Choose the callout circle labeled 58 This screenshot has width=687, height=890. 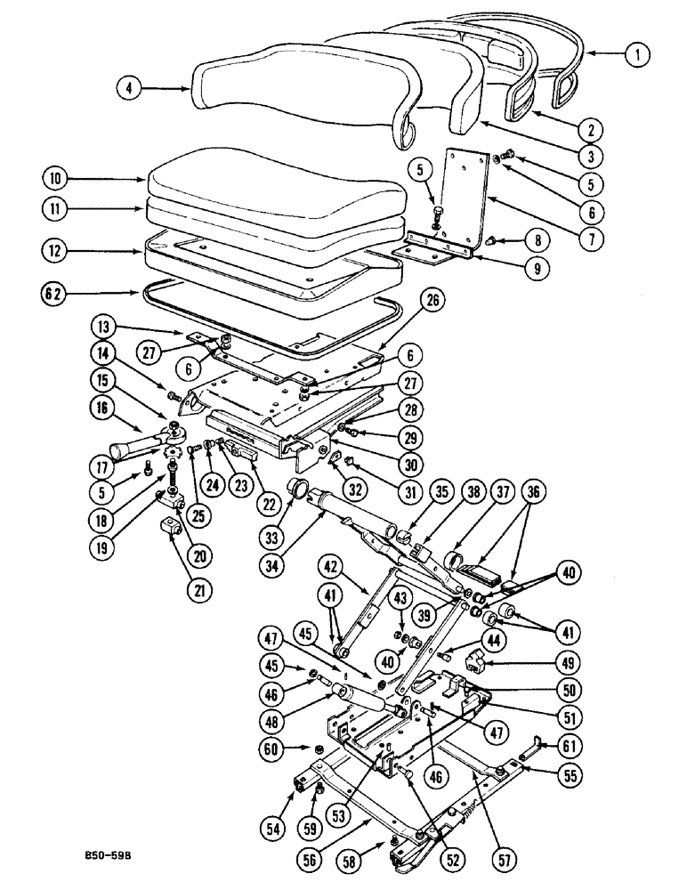click(x=349, y=861)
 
